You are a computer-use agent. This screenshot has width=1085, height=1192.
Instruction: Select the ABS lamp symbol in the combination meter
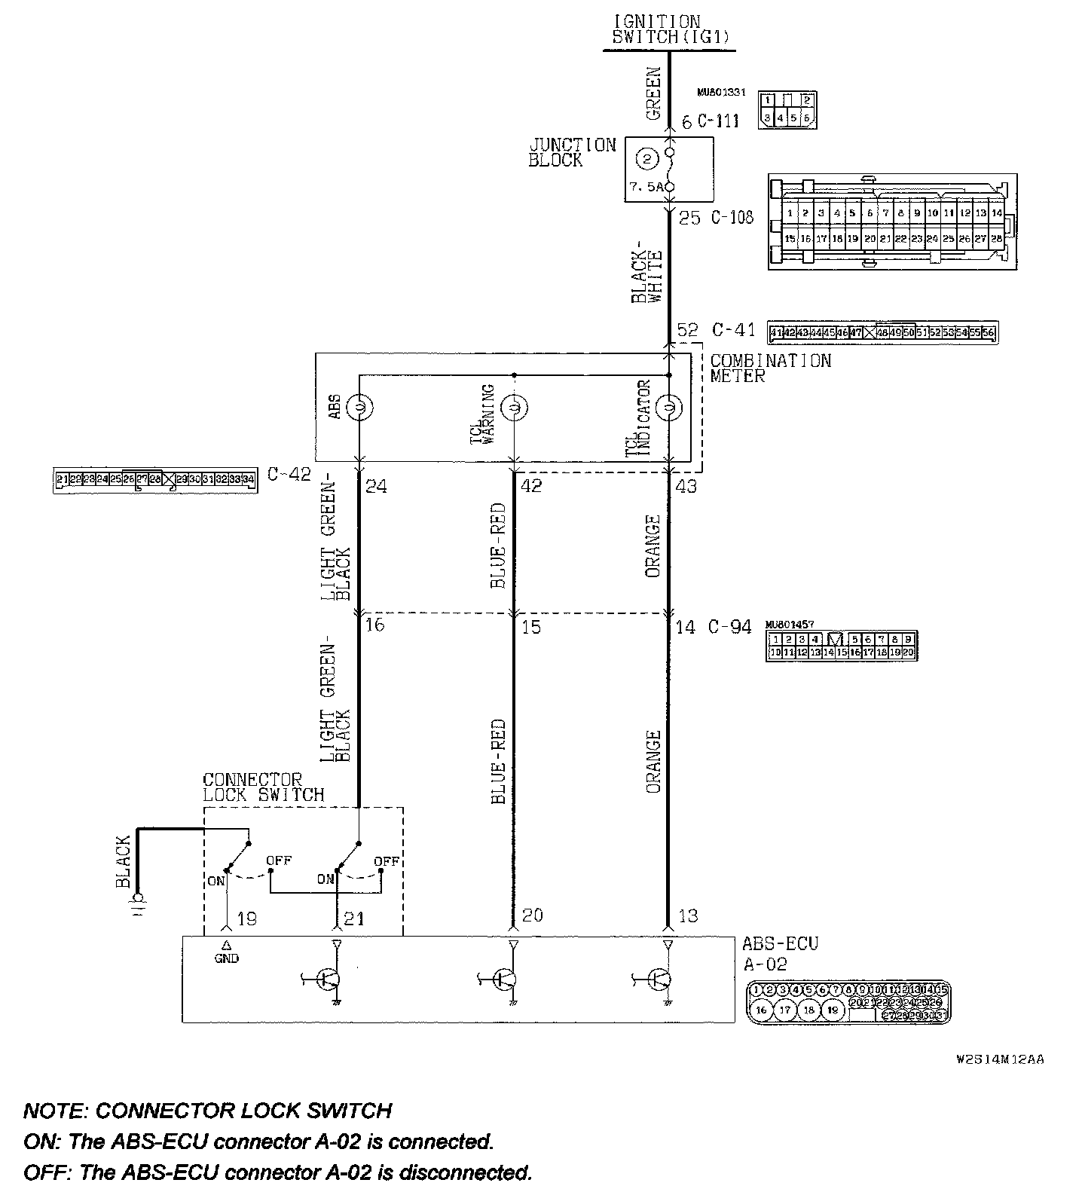pyautogui.click(x=359, y=407)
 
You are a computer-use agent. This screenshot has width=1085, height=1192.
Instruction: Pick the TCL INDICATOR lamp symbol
pyautogui.click(x=668, y=408)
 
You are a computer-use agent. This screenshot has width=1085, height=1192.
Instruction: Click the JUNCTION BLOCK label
pyautogui.click(x=572, y=152)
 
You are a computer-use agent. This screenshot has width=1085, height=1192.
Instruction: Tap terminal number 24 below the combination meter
pyautogui.click(x=376, y=487)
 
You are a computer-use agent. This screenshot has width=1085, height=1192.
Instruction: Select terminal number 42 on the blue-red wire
pyautogui.click(x=530, y=487)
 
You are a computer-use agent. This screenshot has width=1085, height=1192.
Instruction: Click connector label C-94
pyautogui.click(x=729, y=627)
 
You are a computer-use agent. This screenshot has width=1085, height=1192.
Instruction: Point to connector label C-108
pyautogui.click(x=732, y=218)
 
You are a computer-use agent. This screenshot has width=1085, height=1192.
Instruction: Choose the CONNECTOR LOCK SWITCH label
pyautogui.click(x=263, y=787)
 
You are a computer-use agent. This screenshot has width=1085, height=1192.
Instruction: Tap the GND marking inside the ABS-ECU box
pyautogui.click(x=226, y=958)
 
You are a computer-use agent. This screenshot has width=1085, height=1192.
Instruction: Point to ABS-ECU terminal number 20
pyautogui.click(x=532, y=915)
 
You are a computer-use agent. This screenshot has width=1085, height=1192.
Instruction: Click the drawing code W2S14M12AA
pyautogui.click(x=999, y=1059)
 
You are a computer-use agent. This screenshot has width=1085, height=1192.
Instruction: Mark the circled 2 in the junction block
pyautogui.click(x=647, y=159)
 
